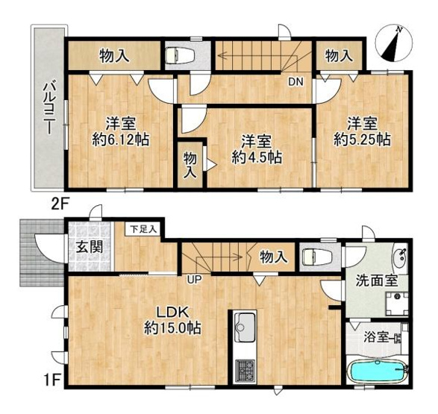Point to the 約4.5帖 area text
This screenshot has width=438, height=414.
click(x=256, y=157)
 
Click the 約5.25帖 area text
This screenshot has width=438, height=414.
click(x=362, y=139)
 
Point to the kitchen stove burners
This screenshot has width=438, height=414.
click(x=246, y=368)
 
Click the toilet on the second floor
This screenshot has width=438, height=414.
click(x=180, y=55)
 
